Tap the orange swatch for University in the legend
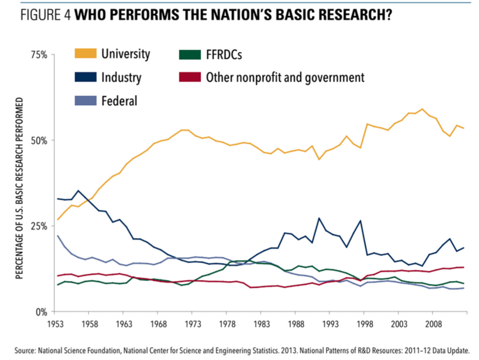(x=85, y=54)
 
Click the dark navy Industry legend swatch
(x=85, y=78)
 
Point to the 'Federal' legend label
(x=119, y=101)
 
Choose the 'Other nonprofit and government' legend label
(x=285, y=78)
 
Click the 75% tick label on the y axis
(x=40, y=55)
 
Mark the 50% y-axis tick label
(x=40, y=140)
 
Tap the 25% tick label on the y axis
(x=40, y=226)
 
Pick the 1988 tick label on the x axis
(x=295, y=324)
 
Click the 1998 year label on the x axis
(x=363, y=324)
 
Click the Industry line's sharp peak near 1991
(x=319, y=218)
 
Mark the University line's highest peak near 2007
(x=422, y=109)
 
